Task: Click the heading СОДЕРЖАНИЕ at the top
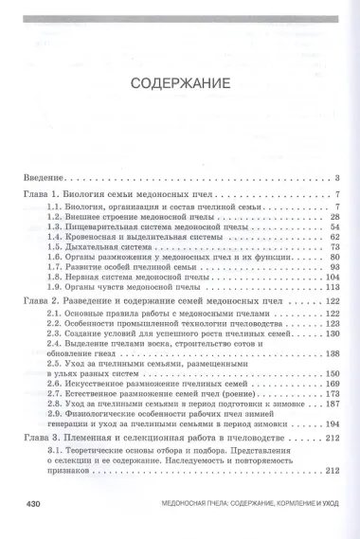click(179, 81)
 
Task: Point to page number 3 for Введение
click(337, 177)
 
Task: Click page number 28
click(334, 217)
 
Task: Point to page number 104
click(332, 278)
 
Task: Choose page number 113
click(332, 288)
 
